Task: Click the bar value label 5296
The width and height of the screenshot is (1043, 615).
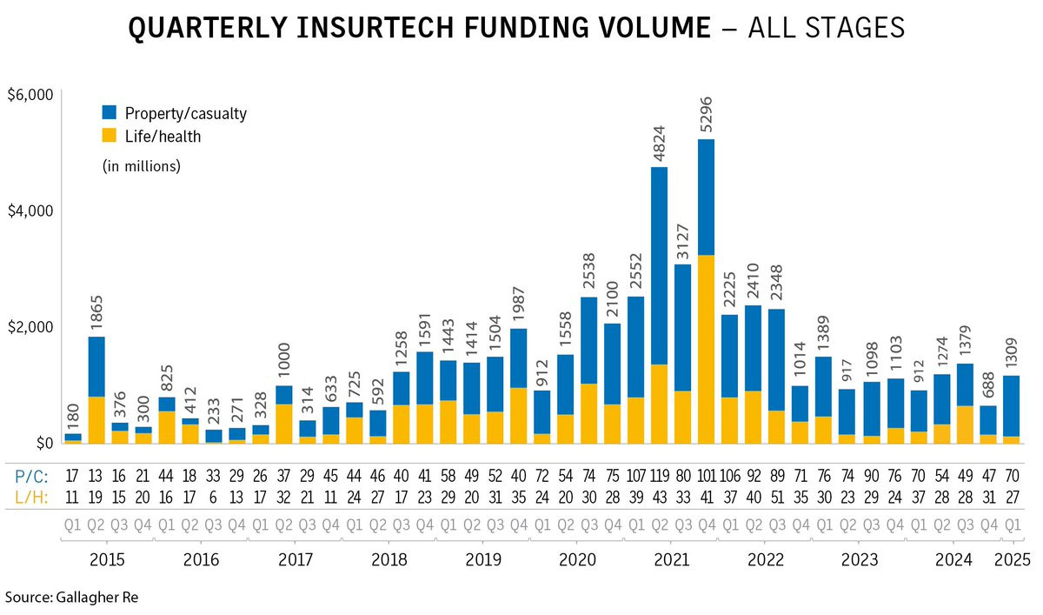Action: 707,103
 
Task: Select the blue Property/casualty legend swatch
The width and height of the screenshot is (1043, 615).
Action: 110,113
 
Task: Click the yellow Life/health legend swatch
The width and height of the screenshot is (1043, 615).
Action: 110,137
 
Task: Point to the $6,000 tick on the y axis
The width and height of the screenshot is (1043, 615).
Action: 29,94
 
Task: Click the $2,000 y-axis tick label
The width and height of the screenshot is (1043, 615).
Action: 29,327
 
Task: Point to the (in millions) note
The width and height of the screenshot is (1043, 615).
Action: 141,166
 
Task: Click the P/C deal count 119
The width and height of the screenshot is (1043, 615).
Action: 660,478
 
